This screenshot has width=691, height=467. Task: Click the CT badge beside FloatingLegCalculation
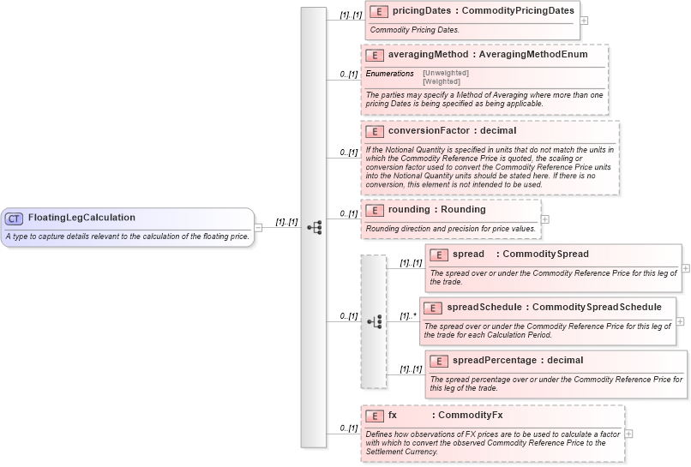point(15,219)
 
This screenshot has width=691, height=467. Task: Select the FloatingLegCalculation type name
point(81,218)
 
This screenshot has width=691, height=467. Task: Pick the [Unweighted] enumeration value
point(446,74)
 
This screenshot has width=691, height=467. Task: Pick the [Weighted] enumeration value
point(442,81)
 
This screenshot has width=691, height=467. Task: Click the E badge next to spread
point(438,254)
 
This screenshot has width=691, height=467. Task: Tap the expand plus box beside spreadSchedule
point(680,321)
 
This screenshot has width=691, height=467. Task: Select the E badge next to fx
point(374,416)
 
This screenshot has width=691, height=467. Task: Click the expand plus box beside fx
point(629,433)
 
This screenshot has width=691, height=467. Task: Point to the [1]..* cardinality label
point(408,316)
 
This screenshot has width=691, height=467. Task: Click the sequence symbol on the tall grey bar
point(314,227)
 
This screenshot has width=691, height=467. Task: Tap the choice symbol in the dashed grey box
point(374,322)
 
